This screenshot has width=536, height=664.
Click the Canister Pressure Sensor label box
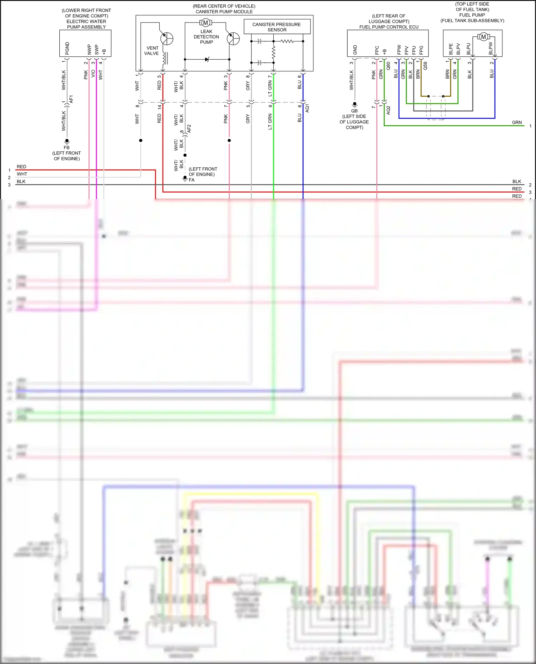277,27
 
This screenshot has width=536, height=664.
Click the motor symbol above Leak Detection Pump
205,23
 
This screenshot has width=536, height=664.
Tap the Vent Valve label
152,51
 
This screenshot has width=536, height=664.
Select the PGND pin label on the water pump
67,48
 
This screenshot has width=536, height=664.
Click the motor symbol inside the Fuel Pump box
483,37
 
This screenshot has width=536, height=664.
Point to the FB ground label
66,147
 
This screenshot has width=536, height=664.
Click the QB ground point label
354,111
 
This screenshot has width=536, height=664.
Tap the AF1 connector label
71,99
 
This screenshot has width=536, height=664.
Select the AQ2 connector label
388,110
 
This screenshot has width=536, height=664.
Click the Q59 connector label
425,66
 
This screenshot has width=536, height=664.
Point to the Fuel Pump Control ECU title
389,27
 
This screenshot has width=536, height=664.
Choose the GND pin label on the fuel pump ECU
355,50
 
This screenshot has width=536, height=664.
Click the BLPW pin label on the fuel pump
491,49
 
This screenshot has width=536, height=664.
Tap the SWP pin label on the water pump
96,49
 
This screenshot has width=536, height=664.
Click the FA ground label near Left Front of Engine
192,180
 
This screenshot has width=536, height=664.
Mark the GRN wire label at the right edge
517,122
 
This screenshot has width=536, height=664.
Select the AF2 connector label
189,129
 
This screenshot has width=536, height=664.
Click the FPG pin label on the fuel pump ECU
421,50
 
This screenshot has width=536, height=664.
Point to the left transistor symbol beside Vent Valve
167,39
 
